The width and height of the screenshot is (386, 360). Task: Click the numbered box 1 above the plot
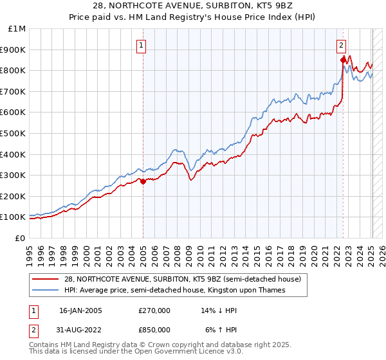141,45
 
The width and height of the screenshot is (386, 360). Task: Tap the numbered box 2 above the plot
341,45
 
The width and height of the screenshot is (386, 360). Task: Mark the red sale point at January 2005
143,181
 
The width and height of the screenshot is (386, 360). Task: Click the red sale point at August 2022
343,60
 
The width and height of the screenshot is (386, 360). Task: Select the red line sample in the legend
46,279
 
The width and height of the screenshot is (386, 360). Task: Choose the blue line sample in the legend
46,291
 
